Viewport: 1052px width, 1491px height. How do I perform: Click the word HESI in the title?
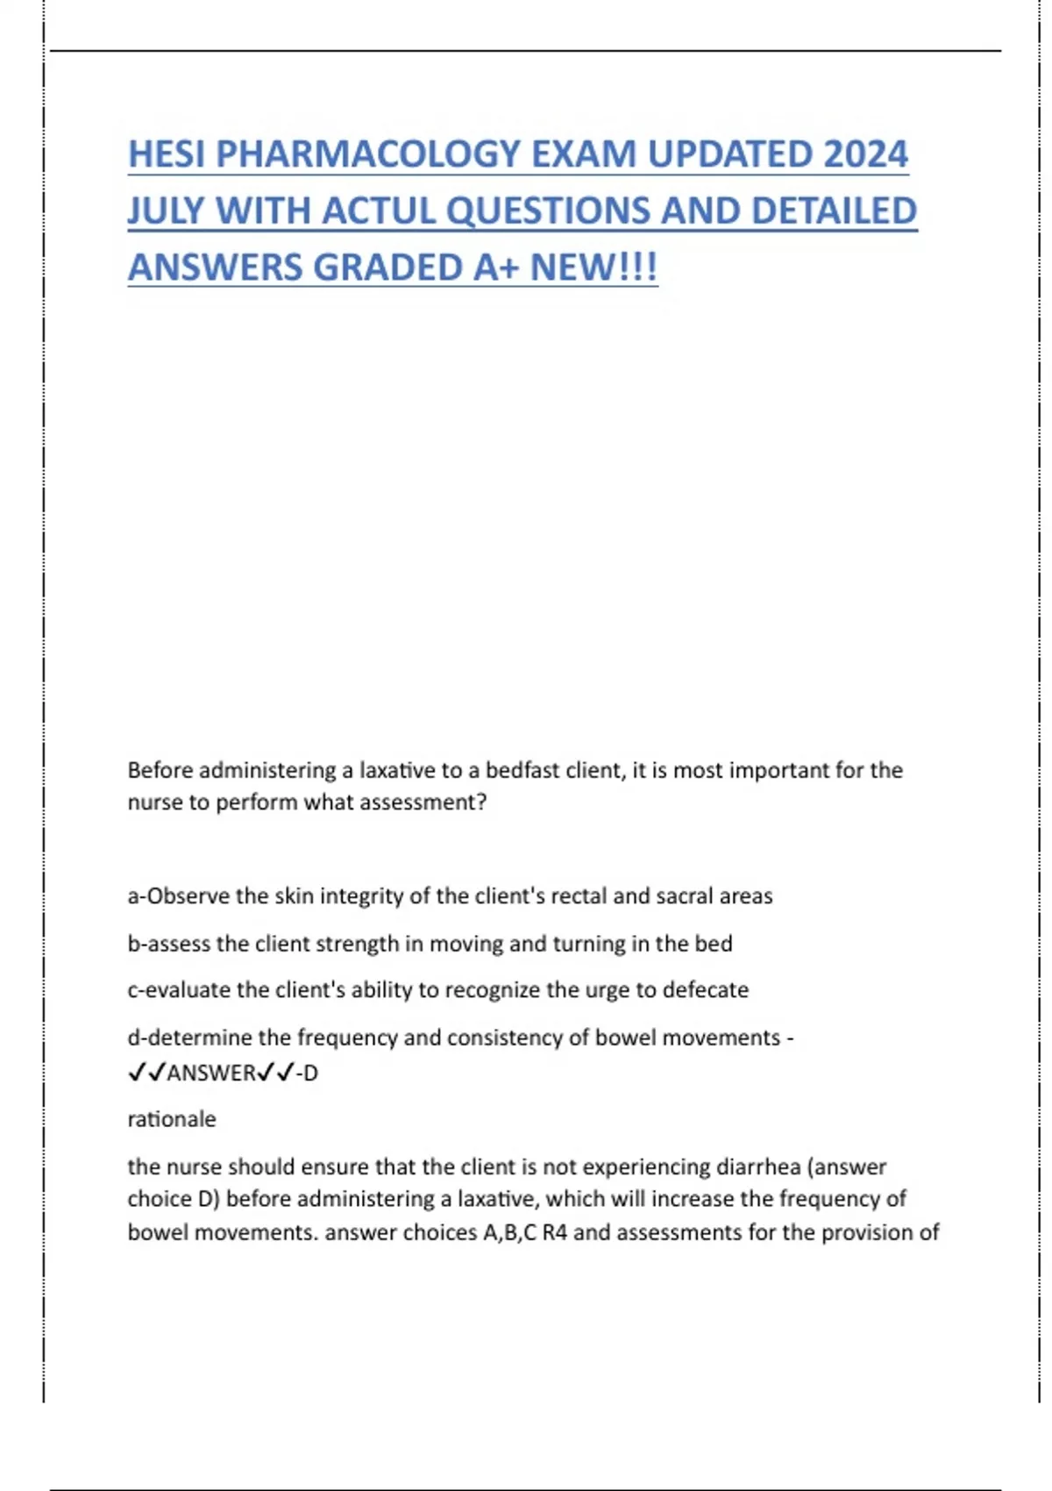166,154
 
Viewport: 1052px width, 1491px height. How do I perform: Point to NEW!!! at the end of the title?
594,268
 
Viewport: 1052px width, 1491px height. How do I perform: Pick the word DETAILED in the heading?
834,211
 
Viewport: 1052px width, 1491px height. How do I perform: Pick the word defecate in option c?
706,990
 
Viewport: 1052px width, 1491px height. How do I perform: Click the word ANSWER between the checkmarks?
210,1073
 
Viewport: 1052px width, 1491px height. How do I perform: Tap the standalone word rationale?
172,1119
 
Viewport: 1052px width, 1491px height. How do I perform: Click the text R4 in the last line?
555,1232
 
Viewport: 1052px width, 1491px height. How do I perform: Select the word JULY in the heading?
165,211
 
